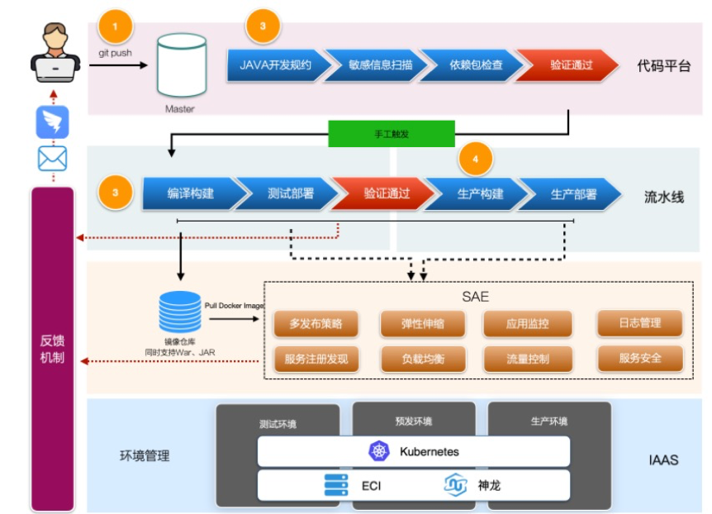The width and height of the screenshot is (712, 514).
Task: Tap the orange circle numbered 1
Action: point(115,26)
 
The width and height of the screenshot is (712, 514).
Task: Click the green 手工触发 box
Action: point(392,133)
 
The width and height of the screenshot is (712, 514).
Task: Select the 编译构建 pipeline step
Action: point(191,193)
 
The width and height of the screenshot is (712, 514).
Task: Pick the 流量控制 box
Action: point(527,359)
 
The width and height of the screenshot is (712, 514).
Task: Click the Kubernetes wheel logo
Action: point(379,451)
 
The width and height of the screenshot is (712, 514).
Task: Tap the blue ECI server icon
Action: point(336,484)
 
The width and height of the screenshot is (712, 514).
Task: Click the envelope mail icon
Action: point(52,158)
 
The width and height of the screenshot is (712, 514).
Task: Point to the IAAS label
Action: point(662,459)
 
